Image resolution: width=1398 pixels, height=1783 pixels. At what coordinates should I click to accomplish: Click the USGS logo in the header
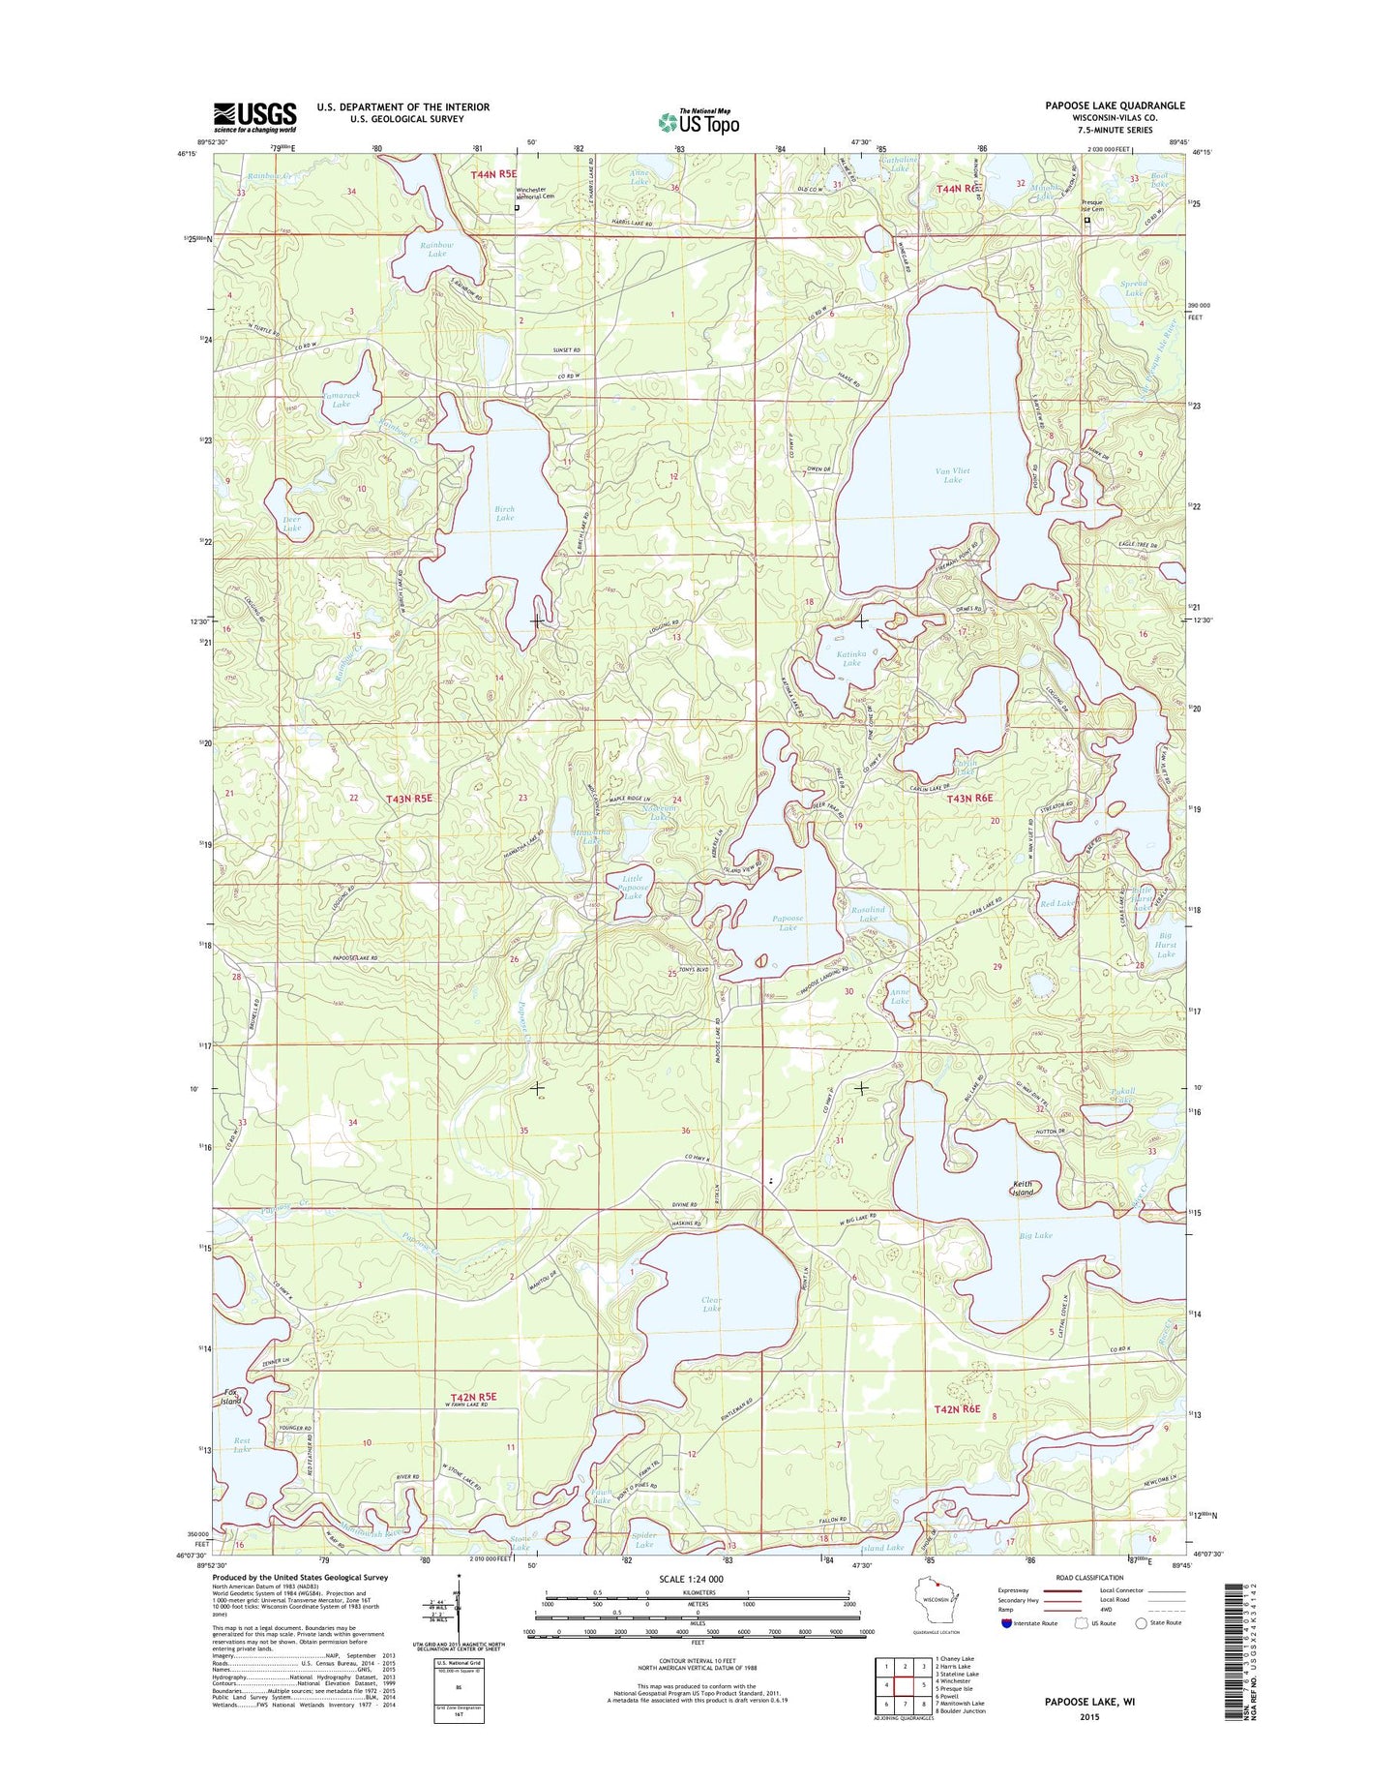tap(254, 117)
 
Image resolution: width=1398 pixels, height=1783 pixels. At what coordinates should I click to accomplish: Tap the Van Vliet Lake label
tap(952, 475)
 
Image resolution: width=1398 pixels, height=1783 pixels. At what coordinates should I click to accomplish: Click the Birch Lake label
tap(504, 513)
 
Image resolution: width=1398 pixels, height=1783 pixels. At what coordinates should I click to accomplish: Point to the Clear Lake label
tap(711, 1304)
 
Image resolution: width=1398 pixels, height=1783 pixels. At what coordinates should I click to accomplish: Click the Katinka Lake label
tap(850, 658)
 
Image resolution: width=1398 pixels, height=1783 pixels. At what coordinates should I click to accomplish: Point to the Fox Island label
tap(230, 1397)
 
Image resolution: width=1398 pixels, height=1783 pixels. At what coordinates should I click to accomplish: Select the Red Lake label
tap(1056, 903)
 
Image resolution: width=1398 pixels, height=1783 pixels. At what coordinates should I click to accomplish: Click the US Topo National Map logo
tap(699, 121)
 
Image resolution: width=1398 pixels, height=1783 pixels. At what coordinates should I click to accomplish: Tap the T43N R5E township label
tap(408, 799)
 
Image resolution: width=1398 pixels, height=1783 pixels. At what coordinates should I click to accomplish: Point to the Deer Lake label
tap(291, 524)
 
